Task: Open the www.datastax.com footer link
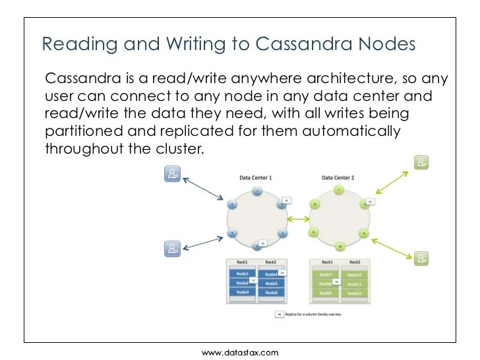(240, 353)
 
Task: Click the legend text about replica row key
(316, 315)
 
